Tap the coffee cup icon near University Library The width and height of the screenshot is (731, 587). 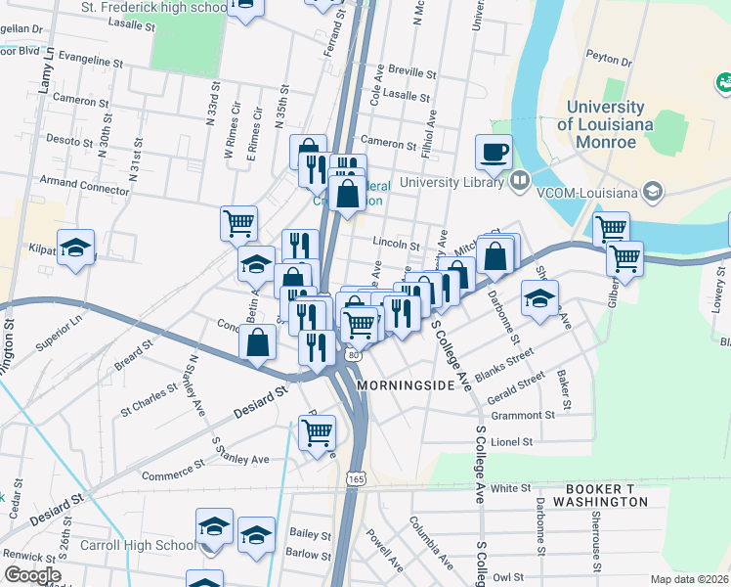[494, 152]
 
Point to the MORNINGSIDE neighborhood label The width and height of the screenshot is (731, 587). [407, 385]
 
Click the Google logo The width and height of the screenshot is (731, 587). [32, 574]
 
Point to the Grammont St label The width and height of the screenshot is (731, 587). [523, 415]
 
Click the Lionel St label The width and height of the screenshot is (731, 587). [512, 442]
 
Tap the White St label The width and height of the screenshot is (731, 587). [510, 487]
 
